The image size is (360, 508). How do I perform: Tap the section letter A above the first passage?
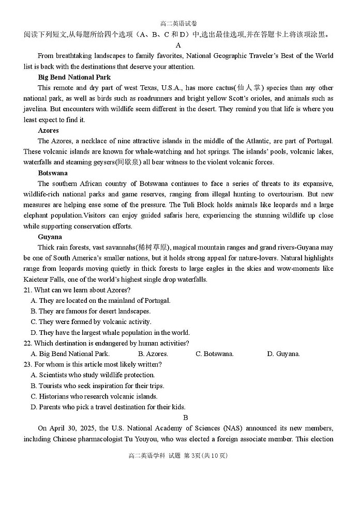[x=178, y=45]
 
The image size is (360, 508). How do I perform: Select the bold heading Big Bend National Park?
[x=74, y=77]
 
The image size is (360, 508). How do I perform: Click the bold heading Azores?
[x=48, y=130]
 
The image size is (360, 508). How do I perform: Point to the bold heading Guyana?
[x=50, y=237]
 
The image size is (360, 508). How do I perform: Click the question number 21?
[x=28, y=290]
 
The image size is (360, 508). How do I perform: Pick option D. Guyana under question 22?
[x=283, y=354]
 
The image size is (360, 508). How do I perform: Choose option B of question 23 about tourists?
[x=97, y=386]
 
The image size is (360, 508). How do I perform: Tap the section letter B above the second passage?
[x=186, y=418]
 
